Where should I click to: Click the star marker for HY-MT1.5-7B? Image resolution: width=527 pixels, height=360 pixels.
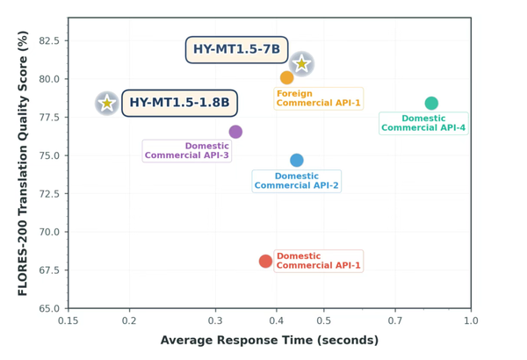click(301, 63)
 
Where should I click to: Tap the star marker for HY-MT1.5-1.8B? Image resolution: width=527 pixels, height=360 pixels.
click(107, 104)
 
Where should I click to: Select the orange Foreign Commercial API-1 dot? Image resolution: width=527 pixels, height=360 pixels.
click(286, 77)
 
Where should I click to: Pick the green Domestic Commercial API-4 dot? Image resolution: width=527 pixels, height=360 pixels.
click(431, 104)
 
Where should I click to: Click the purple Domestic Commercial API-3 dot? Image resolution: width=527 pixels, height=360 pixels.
click(235, 132)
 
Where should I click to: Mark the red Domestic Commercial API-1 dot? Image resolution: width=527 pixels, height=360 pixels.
click(265, 262)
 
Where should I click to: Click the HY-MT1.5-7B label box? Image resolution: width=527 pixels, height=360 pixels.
click(236, 50)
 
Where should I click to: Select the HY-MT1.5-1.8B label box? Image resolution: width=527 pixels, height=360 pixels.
click(179, 104)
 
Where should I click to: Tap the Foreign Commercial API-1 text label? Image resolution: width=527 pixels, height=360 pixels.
click(318, 97)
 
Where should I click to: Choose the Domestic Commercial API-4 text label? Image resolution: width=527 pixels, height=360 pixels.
click(423, 123)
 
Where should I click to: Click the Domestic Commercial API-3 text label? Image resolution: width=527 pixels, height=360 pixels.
click(187, 151)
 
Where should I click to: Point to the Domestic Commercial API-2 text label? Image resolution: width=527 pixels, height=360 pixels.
click(296, 181)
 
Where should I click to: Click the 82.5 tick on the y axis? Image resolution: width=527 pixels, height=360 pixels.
click(49, 40)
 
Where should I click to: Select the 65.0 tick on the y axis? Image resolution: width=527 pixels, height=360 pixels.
click(49, 309)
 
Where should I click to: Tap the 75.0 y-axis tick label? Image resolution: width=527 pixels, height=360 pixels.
click(49, 155)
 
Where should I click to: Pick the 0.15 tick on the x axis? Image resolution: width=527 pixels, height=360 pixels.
click(69, 320)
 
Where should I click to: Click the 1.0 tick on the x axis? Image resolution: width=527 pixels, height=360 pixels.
click(471, 320)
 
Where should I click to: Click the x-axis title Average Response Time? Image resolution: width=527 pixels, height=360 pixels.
click(270, 341)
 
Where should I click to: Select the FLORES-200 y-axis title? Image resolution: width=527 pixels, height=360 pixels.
click(23, 162)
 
